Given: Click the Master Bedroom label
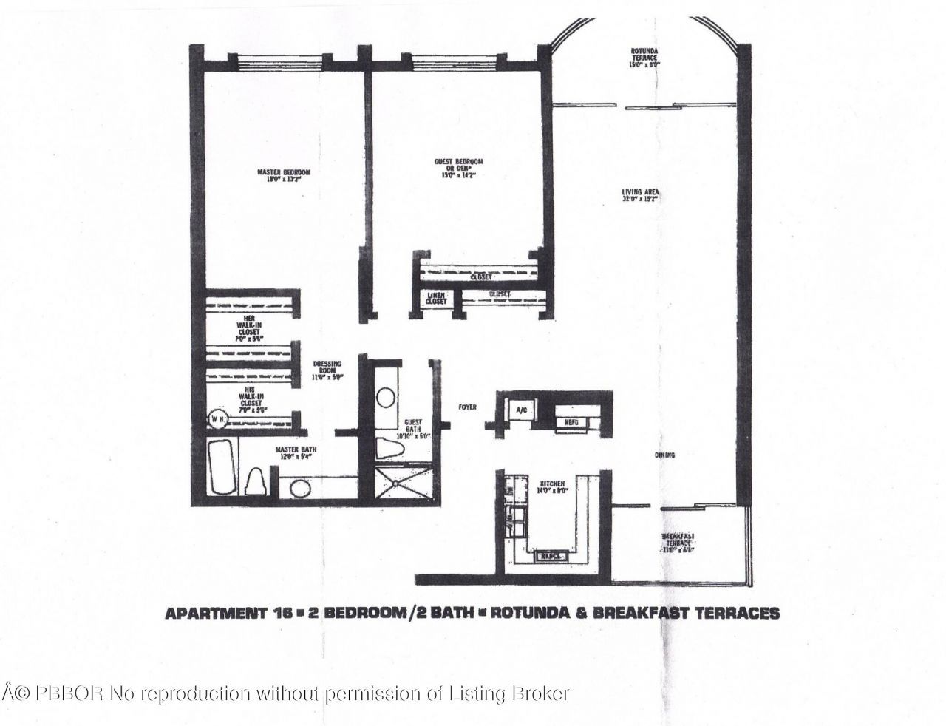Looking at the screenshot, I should pyautogui.click(x=284, y=176).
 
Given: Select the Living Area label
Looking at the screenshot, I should pyautogui.click(x=640, y=196).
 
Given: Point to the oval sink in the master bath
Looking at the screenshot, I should pyautogui.click(x=300, y=489).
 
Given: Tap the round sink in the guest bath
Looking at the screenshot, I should pyautogui.click(x=385, y=398).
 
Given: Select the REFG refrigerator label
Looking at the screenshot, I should pyautogui.click(x=571, y=421).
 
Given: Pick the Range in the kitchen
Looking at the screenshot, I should pyautogui.click(x=552, y=554).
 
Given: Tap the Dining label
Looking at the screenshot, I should pyautogui.click(x=664, y=455).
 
